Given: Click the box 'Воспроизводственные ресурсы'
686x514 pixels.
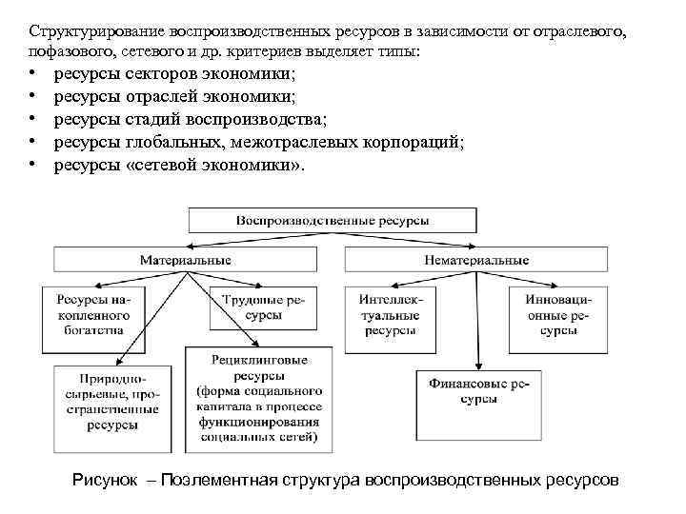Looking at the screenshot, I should click(x=333, y=220).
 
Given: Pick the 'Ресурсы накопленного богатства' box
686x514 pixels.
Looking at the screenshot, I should click(x=95, y=315).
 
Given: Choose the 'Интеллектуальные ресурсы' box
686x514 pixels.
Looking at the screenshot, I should click(x=391, y=315).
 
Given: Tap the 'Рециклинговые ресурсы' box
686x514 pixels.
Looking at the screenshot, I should click(x=259, y=399).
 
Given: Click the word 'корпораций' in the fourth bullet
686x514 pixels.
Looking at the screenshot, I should click(x=416, y=143).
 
